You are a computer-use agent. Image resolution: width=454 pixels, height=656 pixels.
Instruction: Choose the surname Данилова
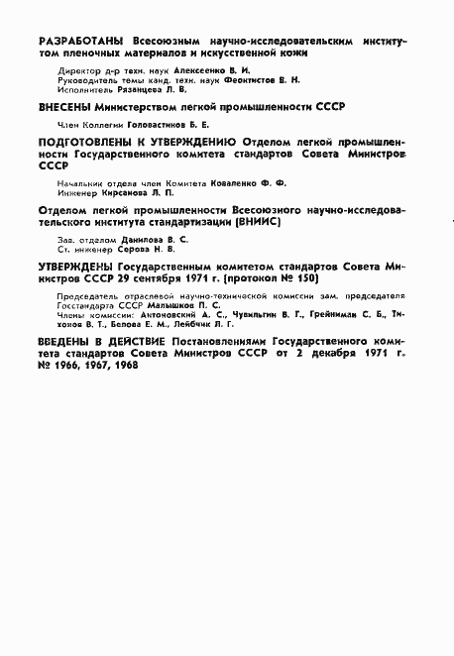pos(133,243)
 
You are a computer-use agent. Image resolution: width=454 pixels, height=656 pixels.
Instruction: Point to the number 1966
pos(69,366)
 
